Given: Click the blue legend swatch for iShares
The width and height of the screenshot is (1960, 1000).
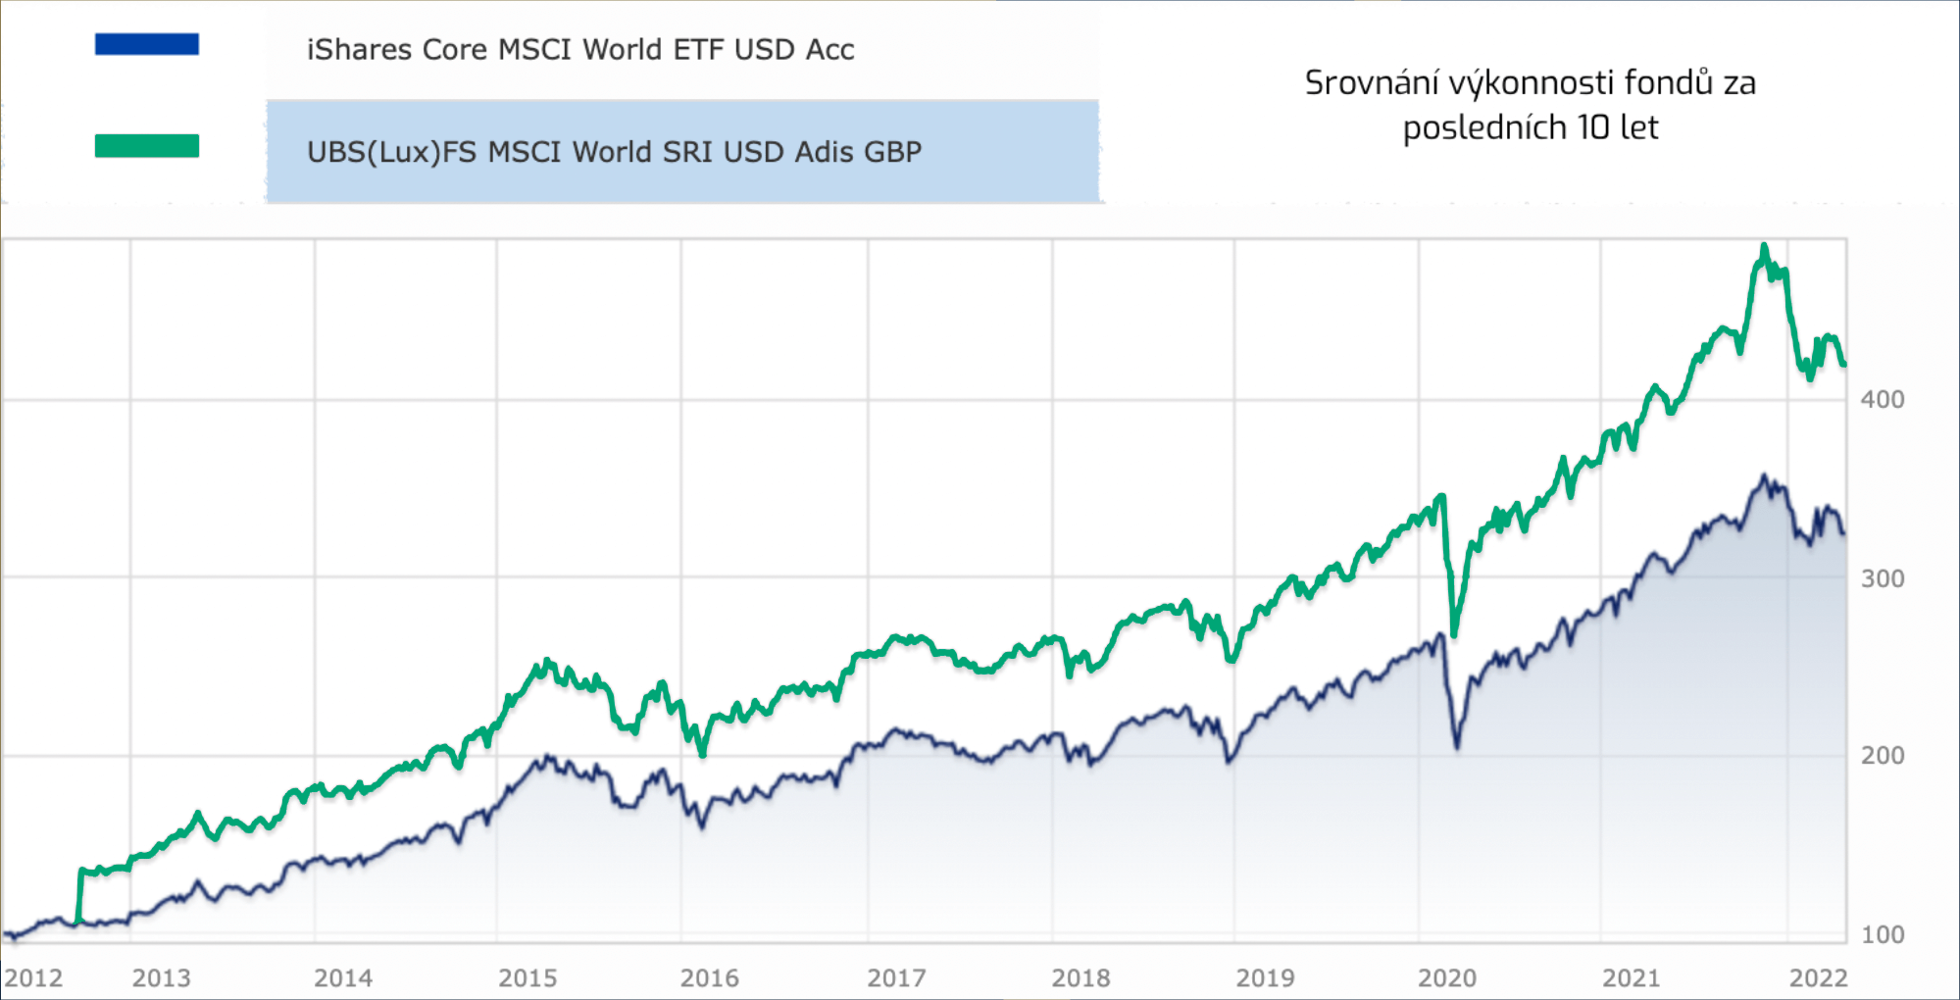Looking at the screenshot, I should tap(147, 44).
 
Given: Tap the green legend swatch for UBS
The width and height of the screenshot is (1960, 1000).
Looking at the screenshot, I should tap(147, 146).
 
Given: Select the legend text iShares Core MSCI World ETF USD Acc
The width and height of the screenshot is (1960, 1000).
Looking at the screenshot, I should tap(580, 50).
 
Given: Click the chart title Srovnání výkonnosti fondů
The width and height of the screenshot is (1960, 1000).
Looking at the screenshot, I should tap(1530, 83).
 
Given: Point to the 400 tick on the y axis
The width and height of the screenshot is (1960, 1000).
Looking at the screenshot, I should tap(1882, 400).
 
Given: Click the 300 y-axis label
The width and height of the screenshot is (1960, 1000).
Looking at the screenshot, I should tap(1882, 578).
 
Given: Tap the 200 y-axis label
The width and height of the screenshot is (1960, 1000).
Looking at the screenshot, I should tap(1882, 756).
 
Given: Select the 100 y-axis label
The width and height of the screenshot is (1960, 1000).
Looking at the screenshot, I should tap(1882, 934).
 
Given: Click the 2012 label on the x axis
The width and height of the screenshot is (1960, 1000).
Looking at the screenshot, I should tap(33, 977).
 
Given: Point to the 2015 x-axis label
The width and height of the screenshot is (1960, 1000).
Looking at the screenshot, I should tap(528, 977).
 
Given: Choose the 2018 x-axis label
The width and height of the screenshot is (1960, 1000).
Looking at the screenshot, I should tap(1081, 977).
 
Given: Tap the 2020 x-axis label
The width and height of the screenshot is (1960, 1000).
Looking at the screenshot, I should tap(1447, 977).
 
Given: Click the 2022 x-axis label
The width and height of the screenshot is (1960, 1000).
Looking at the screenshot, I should tap(1818, 977).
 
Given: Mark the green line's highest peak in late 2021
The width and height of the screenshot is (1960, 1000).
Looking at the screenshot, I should tap(1764, 246).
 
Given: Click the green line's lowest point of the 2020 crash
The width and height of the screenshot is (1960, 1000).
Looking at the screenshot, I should tap(1453, 634).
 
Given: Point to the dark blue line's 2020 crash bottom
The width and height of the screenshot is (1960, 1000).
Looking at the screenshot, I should tap(1457, 746).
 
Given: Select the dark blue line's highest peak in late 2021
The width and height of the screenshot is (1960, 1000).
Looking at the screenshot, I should tap(1764, 476).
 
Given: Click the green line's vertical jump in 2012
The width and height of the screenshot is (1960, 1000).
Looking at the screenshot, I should tap(79, 894).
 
